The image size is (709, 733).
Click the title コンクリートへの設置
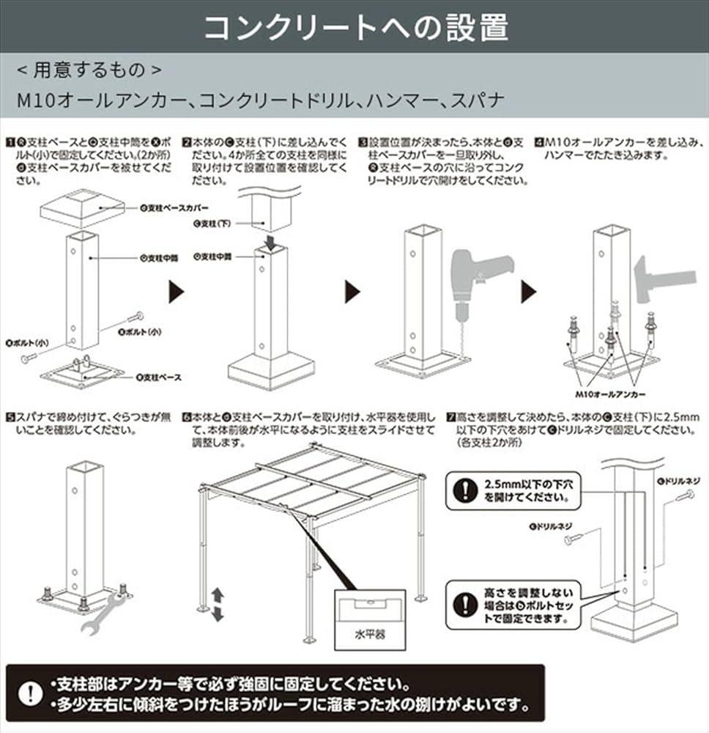(x=354, y=27)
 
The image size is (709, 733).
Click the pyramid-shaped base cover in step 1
(x=81, y=207)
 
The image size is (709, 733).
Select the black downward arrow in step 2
(x=271, y=241)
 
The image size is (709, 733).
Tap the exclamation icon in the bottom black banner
(x=30, y=693)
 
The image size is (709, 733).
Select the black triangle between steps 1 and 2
(x=176, y=292)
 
